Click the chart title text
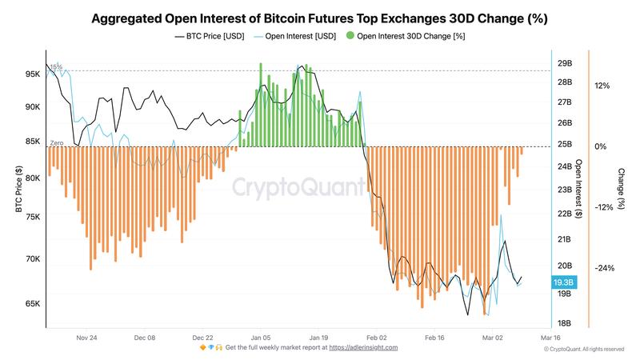click(319, 17)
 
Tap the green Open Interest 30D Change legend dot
click(350, 36)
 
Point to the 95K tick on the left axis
click(32, 74)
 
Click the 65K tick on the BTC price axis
click(32, 304)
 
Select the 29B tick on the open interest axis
click(565, 63)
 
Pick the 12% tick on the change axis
click(602, 86)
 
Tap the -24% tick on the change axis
click(604, 268)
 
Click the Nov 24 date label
click(87, 338)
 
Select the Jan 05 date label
click(262, 338)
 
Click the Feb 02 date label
click(377, 338)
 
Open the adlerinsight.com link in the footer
click(363, 348)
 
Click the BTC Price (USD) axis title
click(18, 189)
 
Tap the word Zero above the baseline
click(57, 142)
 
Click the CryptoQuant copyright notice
click(583, 350)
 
